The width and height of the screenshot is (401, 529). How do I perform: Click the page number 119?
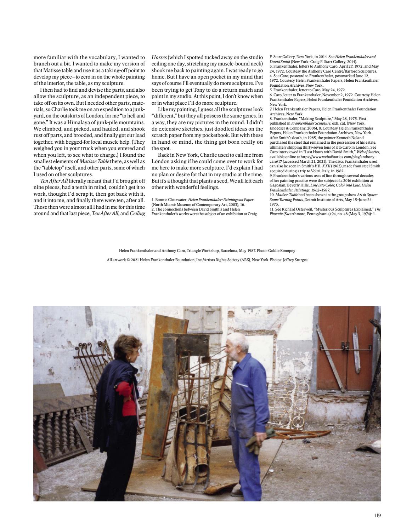tap(377, 516)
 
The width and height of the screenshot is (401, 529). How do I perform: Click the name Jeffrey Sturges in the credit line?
tap(295, 260)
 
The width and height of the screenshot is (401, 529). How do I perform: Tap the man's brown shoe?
tap(237, 492)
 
